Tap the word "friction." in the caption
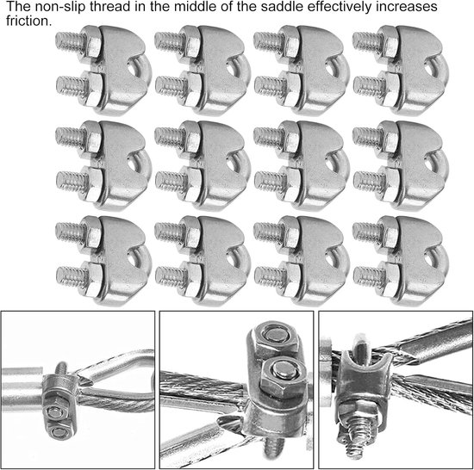pos(29,22)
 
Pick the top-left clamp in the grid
pos(103,71)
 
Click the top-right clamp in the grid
pos(401,71)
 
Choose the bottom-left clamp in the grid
pos(103,261)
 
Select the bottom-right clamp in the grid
pos(401,261)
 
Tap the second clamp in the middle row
pos(203,165)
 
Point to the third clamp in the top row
pos(302,71)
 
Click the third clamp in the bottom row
pos(302,261)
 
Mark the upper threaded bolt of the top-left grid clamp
pos(70,42)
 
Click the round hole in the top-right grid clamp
pos(429,69)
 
